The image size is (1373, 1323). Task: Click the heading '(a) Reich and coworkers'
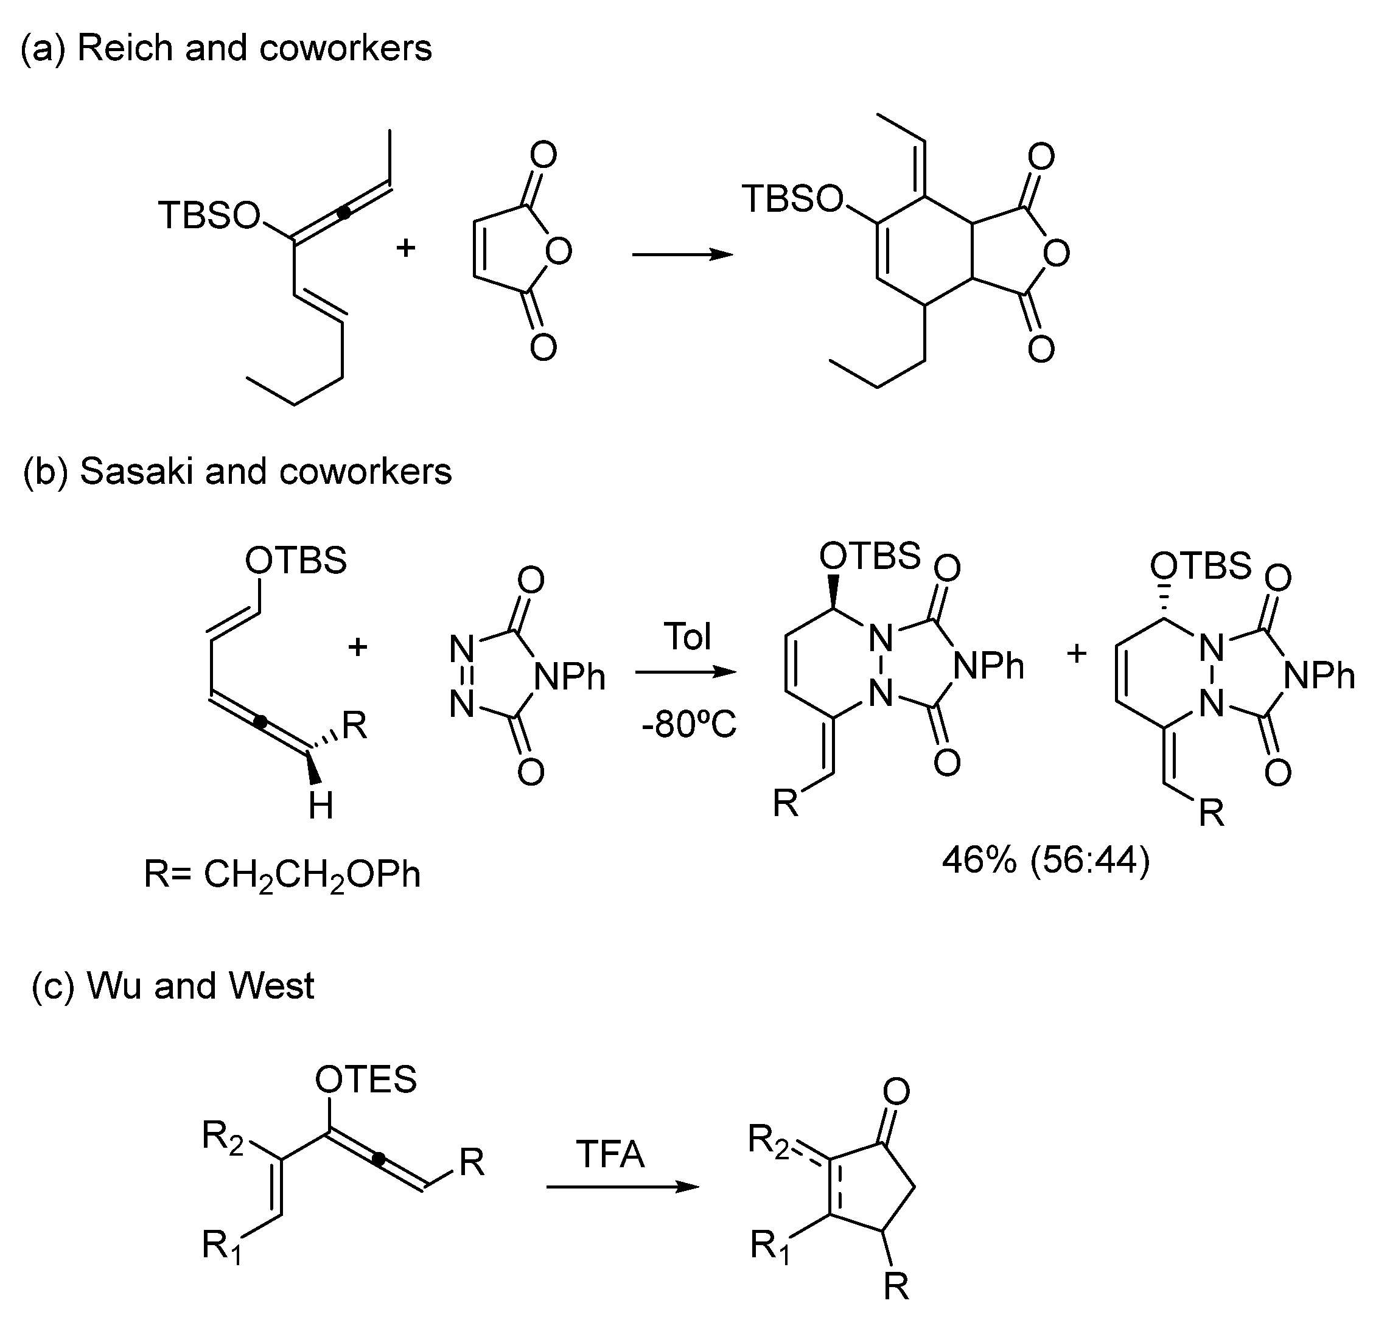click(226, 48)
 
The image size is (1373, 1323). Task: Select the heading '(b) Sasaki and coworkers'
click(237, 472)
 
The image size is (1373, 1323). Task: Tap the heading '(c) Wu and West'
click(173, 986)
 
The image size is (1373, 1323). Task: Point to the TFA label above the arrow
click(610, 1154)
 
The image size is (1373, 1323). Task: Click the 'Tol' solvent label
click(688, 637)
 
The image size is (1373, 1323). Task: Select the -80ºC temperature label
click(688, 725)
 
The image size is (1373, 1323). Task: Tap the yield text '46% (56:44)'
click(1045, 860)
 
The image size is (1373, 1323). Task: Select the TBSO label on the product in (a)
click(792, 199)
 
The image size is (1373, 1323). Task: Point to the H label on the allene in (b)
click(321, 807)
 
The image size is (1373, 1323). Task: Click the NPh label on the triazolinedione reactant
click(569, 677)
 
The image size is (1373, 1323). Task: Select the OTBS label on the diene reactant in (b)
click(296, 560)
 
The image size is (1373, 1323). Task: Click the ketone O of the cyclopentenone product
click(896, 1091)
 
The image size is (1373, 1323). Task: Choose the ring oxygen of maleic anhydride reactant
click(558, 251)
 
